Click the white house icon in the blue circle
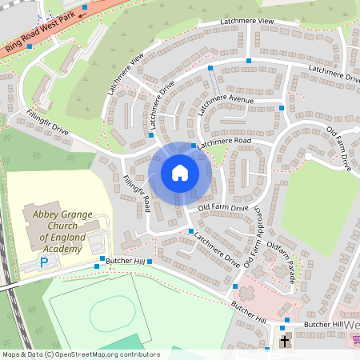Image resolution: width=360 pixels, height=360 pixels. pyautogui.click(x=180, y=172)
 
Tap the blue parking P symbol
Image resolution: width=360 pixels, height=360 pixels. pyautogui.click(x=45, y=262)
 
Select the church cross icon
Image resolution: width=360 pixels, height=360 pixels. pyautogui.click(x=285, y=342)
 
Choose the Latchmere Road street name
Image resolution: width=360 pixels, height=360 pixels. pyautogui.click(x=225, y=142)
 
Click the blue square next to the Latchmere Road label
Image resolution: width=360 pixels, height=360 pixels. pyautogui.click(x=194, y=146)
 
